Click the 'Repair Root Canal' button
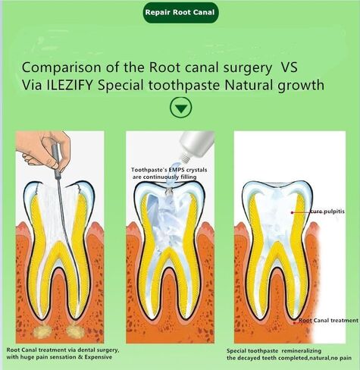click(x=180, y=13)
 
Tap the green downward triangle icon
click(x=180, y=108)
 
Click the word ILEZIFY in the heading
click(x=70, y=85)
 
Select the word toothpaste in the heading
click(x=184, y=86)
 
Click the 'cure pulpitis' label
click(x=327, y=211)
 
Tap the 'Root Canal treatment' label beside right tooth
click(x=328, y=320)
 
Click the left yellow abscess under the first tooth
click(x=41, y=331)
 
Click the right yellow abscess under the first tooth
click(x=75, y=331)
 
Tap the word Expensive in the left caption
click(x=99, y=357)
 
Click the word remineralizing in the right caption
click(x=302, y=351)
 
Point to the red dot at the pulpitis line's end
click(x=292, y=212)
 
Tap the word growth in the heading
click(x=301, y=86)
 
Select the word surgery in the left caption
click(x=108, y=350)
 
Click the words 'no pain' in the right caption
click(x=341, y=358)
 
